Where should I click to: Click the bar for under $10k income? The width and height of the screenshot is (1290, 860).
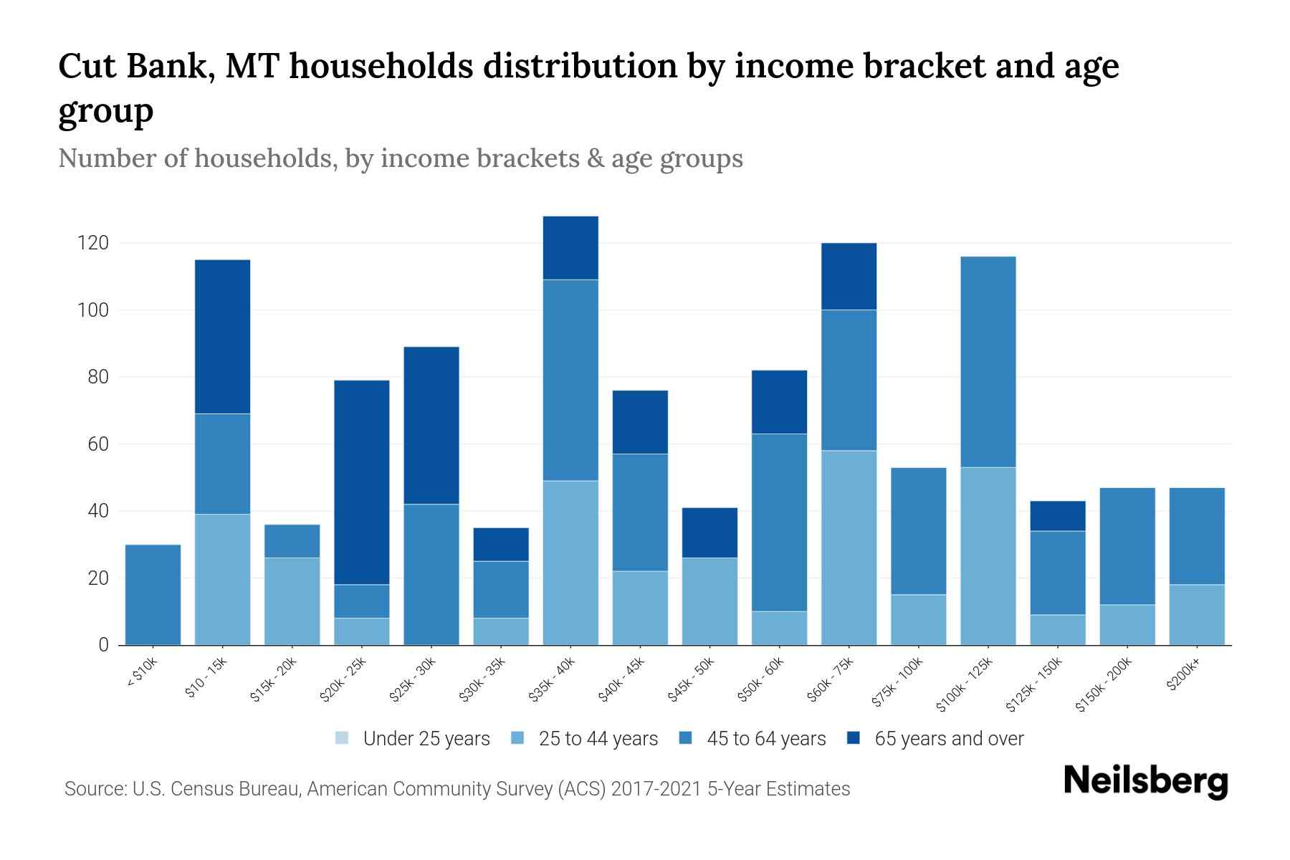point(153,595)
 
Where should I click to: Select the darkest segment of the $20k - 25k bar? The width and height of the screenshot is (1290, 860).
point(361,482)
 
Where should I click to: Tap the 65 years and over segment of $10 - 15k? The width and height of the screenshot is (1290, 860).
point(222,337)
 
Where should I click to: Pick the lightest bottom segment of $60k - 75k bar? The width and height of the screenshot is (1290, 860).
point(849,548)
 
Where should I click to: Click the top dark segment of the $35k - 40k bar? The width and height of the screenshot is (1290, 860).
point(570,248)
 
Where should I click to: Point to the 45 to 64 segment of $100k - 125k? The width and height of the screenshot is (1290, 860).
point(988,362)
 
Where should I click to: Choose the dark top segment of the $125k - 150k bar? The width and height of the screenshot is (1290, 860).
point(1057,516)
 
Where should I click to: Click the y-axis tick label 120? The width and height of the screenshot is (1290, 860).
point(93,244)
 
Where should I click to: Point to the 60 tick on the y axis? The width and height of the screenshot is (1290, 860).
point(97,444)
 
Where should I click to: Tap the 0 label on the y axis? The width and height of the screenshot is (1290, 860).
point(103,645)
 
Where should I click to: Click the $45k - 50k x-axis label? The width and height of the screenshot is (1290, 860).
point(691,680)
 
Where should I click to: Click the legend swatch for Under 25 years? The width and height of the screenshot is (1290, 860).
point(342,738)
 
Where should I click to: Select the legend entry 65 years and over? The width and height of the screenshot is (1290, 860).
point(949,738)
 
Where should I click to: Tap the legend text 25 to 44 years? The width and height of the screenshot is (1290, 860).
point(598,738)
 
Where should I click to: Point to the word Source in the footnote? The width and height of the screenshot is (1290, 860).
point(93,789)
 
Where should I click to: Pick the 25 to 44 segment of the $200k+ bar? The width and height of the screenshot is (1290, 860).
point(1196,615)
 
